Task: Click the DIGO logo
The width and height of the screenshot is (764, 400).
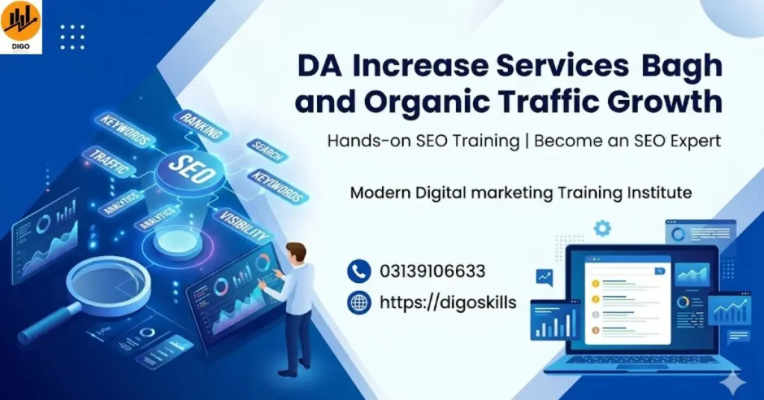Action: tap(21, 26)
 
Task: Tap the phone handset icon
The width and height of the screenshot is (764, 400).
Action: tap(359, 270)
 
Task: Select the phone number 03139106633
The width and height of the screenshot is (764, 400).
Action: tap(432, 270)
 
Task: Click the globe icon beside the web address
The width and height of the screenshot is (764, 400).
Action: tap(359, 302)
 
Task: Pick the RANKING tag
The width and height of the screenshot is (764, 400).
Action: tap(199, 125)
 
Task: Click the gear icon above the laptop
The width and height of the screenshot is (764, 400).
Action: tap(602, 228)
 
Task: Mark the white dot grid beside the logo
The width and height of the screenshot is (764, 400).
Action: tap(72, 37)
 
